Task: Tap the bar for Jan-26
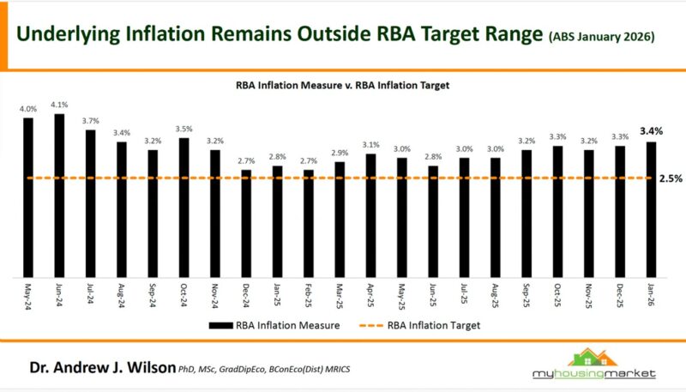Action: click(x=651, y=209)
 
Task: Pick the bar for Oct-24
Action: click(x=184, y=208)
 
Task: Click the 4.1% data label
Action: click(x=59, y=105)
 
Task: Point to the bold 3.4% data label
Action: click(x=651, y=131)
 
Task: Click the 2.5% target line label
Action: click(x=671, y=178)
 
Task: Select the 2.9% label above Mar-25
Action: click(x=340, y=152)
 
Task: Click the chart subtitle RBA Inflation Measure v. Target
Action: click(x=343, y=86)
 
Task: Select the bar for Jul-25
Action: click(x=464, y=217)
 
